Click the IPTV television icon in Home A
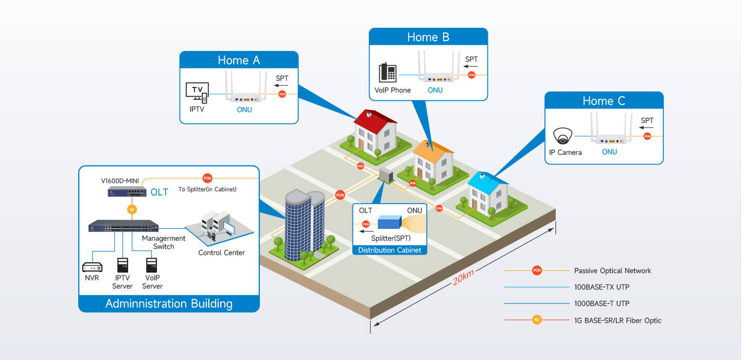pyautogui.click(x=197, y=93)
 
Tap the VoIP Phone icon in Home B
pyautogui.click(x=387, y=73)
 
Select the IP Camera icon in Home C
pyautogui.click(x=562, y=136)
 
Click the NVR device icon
pyautogui.click(x=92, y=267)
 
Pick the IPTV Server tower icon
pyautogui.click(x=122, y=265)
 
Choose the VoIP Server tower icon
pyautogui.click(x=151, y=265)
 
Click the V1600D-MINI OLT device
pyautogui.click(x=127, y=192)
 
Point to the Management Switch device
pyautogui.click(x=123, y=226)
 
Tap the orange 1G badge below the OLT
pyautogui.click(x=132, y=209)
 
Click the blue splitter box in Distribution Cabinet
pyautogui.click(x=390, y=222)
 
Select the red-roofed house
pyautogui.click(x=376, y=134)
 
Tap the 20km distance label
pyautogui.click(x=463, y=277)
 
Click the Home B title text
pyautogui.click(x=428, y=37)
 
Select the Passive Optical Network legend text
pyautogui.click(x=612, y=271)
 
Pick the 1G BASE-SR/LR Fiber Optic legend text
pyautogui.click(x=617, y=320)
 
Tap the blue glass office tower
pyautogui.click(x=305, y=225)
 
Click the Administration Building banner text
pyautogui.click(x=169, y=303)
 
